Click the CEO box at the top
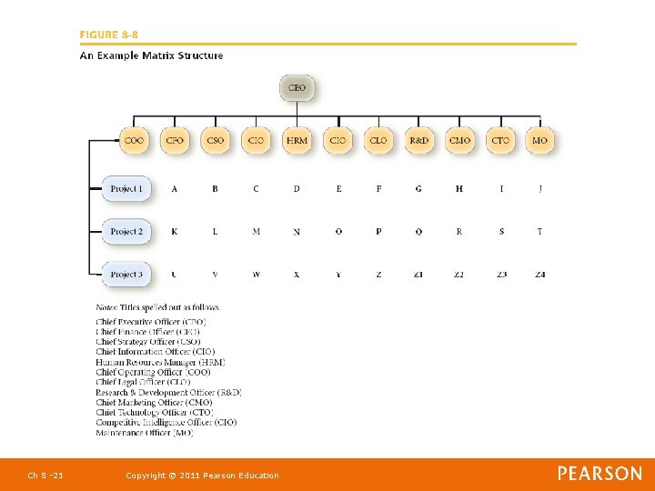297,88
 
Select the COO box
134,141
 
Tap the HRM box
297,141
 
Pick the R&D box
418,141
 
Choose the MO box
539,141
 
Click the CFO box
174,141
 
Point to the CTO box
499,141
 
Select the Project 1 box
126,189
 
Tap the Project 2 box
126,232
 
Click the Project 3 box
126,274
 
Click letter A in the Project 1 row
174,189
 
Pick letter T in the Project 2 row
539,232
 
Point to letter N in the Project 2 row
297,232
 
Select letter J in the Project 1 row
539,189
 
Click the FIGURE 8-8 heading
109,35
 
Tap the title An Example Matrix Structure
151,55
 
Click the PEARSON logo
600,474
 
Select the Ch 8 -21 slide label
45,476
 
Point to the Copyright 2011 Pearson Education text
202,476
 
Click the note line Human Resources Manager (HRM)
160,362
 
